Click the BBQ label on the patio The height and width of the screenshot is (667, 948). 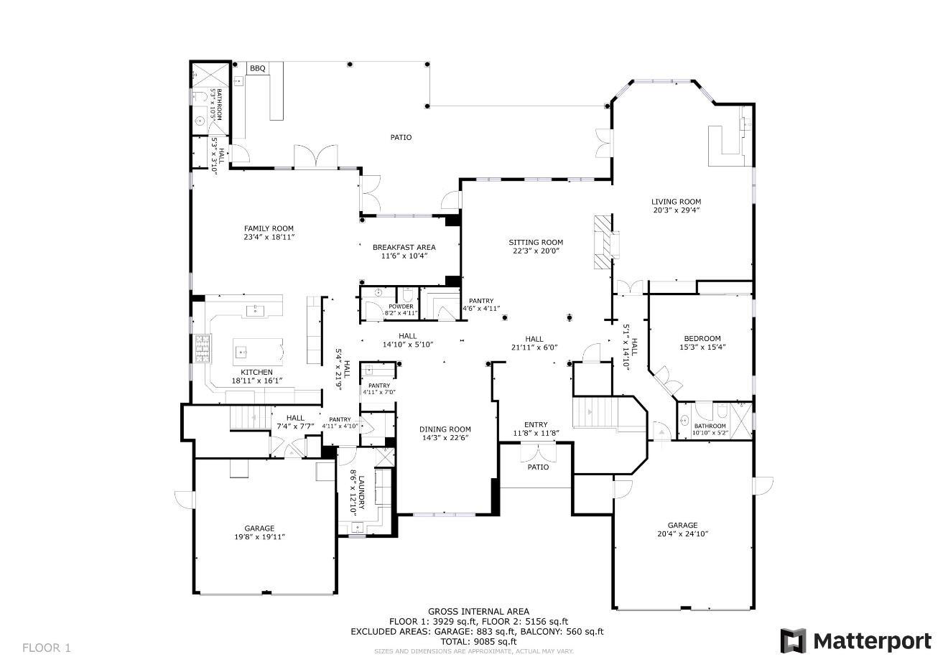pyautogui.click(x=257, y=69)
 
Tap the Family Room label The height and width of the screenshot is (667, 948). pyautogui.click(x=269, y=229)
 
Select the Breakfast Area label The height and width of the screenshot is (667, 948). pyautogui.click(x=404, y=248)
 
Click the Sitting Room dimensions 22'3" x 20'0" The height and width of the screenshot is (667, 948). pyautogui.click(x=536, y=251)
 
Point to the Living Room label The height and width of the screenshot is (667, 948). pyautogui.click(x=676, y=202)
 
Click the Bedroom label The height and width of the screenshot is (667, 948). pyautogui.click(x=702, y=339)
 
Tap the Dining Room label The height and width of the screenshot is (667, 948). pyautogui.click(x=445, y=430)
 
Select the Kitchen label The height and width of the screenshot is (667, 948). pyautogui.click(x=256, y=372)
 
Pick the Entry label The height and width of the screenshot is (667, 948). pyautogui.click(x=536, y=425)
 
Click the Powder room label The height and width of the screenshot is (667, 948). pyautogui.click(x=401, y=307)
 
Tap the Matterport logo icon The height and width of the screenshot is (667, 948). pyautogui.click(x=793, y=640)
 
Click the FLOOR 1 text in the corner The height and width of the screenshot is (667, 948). pyautogui.click(x=47, y=648)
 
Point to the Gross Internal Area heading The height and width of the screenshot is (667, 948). pyautogui.click(x=478, y=612)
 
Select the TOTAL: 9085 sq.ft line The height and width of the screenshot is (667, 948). pyautogui.click(x=478, y=641)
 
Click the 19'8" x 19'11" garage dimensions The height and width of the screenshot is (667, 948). pyautogui.click(x=259, y=537)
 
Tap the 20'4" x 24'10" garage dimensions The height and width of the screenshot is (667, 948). pyautogui.click(x=682, y=534)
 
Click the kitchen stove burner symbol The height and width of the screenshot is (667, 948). pyautogui.click(x=202, y=349)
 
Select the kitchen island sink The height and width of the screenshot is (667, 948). pyautogui.click(x=241, y=352)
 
